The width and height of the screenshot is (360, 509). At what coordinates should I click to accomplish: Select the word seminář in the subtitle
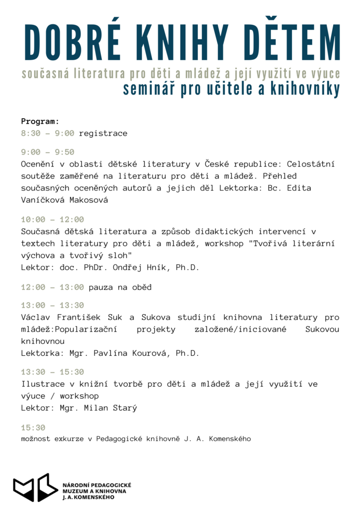pyautogui.click(x=150, y=89)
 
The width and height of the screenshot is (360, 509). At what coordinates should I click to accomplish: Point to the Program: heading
pyautogui.click(x=40, y=121)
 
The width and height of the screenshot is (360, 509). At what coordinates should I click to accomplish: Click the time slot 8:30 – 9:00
pyautogui.click(x=48, y=133)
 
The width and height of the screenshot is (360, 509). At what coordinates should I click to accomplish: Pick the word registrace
pyautogui.click(x=103, y=133)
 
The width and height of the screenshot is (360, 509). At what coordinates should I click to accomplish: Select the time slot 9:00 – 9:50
pyautogui.click(x=48, y=152)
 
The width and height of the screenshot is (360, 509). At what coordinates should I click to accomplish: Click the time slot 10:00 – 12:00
pyautogui.click(x=52, y=219)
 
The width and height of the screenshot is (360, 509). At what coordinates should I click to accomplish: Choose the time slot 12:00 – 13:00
pyautogui.click(x=52, y=287)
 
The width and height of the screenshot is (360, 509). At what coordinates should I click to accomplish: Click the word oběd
pyautogui.click(x=142, y=287)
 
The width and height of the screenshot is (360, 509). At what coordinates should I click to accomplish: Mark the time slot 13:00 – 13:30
pyautogui.click(x=52, y=305)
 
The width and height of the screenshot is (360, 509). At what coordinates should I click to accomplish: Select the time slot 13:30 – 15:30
pyautogui.click(x=52, y=372)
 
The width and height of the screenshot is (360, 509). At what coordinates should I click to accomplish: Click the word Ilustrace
pyautogui.click(x=43, y=384)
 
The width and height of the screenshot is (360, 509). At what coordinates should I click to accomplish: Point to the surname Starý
pyautogui.click(x=125, y=408)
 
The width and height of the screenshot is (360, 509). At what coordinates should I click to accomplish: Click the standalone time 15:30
pyautogui.click(x=33, y=427)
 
